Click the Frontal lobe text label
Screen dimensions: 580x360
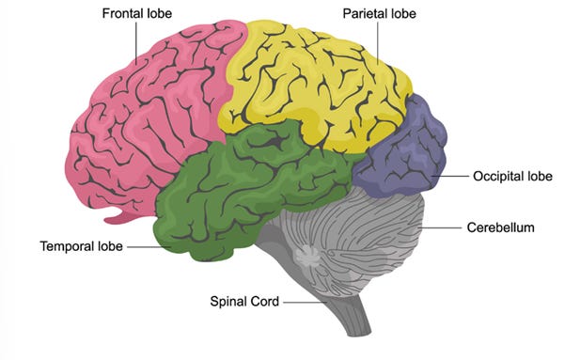[x=137, y=14]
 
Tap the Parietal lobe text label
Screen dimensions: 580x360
[x=379, y=14]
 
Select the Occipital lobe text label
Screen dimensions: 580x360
[x=512, y=176]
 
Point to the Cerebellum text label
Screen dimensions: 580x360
[x=500, y=227]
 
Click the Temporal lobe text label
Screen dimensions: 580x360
[x=82, y=246]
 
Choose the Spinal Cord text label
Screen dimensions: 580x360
[x=244, y=302]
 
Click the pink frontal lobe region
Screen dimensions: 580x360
[x=148, y=118]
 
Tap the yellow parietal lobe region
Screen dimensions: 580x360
[x=314, y=86]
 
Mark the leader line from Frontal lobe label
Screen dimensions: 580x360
[x=135, y=43]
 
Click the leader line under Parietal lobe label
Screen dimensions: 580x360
[x=378, y=43]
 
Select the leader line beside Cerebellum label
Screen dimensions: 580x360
[x=440, y=227]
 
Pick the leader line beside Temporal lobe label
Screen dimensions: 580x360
[x=149, y=247]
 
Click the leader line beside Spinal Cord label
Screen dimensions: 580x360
[x=306, y=303]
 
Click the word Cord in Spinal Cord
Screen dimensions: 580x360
[x=264, y=302]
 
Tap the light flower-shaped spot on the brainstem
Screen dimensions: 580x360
[x=307, y=256]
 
